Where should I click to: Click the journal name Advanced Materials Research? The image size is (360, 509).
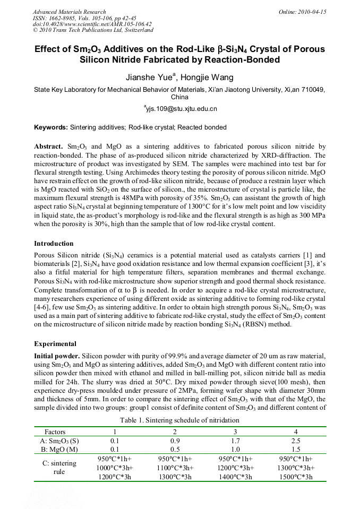[70, 12]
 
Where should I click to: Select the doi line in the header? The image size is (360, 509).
[91, 24]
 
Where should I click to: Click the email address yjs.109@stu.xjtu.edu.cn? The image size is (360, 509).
[181, 108]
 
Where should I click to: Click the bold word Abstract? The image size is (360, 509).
[48, 145]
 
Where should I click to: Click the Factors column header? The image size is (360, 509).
[55, 432]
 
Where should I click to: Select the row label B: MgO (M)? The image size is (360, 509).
[59, 449]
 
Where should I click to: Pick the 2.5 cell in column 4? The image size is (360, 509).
[296, 441]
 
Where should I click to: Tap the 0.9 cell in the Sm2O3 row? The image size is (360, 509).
[175, 441]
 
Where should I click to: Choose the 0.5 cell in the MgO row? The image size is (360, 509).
[175, 449]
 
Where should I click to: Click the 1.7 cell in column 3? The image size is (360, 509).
[236, 441]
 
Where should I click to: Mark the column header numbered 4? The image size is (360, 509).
[296, 432]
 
